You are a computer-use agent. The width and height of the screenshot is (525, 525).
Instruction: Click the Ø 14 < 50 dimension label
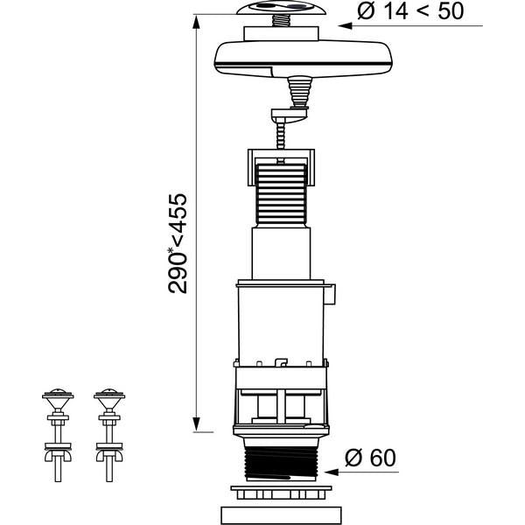410,11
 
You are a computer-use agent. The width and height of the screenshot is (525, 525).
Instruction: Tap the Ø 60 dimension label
370,458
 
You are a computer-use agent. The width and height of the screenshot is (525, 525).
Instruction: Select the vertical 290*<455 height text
178,244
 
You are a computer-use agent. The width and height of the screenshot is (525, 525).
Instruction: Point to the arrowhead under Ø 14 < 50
346,25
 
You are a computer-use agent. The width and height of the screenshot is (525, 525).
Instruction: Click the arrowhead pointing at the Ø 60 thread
332,472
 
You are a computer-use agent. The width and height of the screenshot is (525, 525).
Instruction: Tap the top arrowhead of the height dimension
197,22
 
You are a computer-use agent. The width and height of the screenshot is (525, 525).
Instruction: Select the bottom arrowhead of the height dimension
197,424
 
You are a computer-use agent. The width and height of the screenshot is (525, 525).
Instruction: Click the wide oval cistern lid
304,59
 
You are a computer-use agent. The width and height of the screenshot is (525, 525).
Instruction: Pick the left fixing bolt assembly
58,435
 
